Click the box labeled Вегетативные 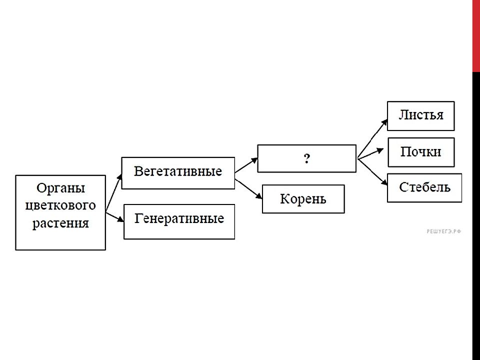point(178,173)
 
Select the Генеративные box point(179,221)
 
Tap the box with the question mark point(306,158)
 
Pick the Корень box point(303,199)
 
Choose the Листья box point(421,116)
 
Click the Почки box point(421,152)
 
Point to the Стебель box point(424,188)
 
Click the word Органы point(60,188)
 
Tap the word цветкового point(60,205)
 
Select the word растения point(60,223)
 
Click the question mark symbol point(306,158)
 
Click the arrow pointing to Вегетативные point(113,192)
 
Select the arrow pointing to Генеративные point(115,216)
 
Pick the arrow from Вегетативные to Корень point(248,189)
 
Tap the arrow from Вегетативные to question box point(246,165)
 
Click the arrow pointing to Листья point(372,139)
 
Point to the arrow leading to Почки point(370,154)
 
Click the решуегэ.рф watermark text point(443,231)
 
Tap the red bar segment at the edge point(476,36)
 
